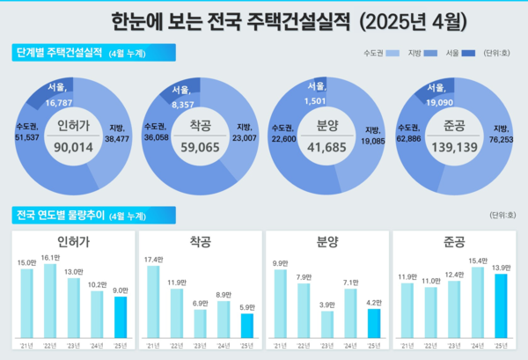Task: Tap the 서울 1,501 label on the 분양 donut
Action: [316, 92]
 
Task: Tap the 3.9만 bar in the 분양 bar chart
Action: [327, 325]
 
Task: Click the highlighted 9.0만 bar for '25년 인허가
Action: [121, 317]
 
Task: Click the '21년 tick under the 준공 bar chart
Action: [407, 345]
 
